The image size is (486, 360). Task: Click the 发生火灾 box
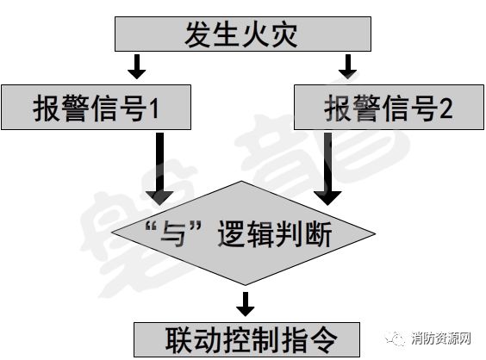(242, 34)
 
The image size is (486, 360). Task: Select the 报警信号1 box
(97, 108)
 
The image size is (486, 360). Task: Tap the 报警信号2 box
(388, 108)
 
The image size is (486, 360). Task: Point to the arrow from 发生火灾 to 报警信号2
(348, 67)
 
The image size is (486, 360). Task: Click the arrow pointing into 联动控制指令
(246, 302)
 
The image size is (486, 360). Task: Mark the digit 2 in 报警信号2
(446, 109)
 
